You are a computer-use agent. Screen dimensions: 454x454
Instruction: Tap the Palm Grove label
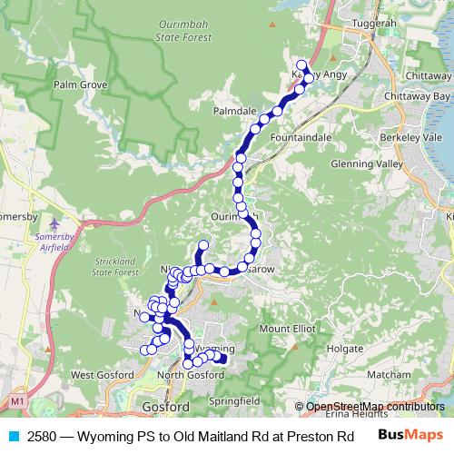(80, 84)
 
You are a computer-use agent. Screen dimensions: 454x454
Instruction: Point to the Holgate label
(345, 348)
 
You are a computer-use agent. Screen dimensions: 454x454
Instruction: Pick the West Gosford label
(96, 374)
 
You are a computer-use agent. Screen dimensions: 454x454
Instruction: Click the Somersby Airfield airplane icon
(57, 222)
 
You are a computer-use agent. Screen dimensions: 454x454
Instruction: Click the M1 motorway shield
(17, 400)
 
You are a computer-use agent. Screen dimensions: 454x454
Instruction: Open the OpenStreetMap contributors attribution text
(374, 406)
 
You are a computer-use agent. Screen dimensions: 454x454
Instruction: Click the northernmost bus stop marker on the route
(301, 64)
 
